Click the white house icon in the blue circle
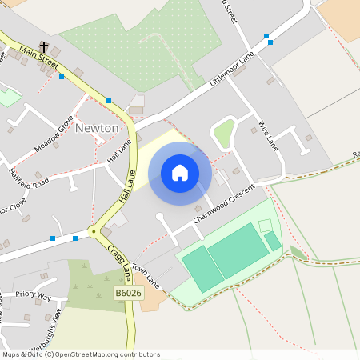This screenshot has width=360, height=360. (x=180, y=172)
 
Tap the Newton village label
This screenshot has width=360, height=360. (x=97, y=128)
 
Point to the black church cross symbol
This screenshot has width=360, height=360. (x=44, y=46)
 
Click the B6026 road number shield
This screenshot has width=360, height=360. (x=127, y=294)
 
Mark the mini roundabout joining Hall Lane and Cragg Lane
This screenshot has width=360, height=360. (x=94, y=232)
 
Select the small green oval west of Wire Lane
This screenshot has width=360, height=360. (x=225, y=132)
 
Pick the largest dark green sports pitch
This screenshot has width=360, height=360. (x=238, y=250)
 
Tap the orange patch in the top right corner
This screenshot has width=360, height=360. (x=342, y=16)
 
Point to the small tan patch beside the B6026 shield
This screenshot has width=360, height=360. (x=153, y=300)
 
